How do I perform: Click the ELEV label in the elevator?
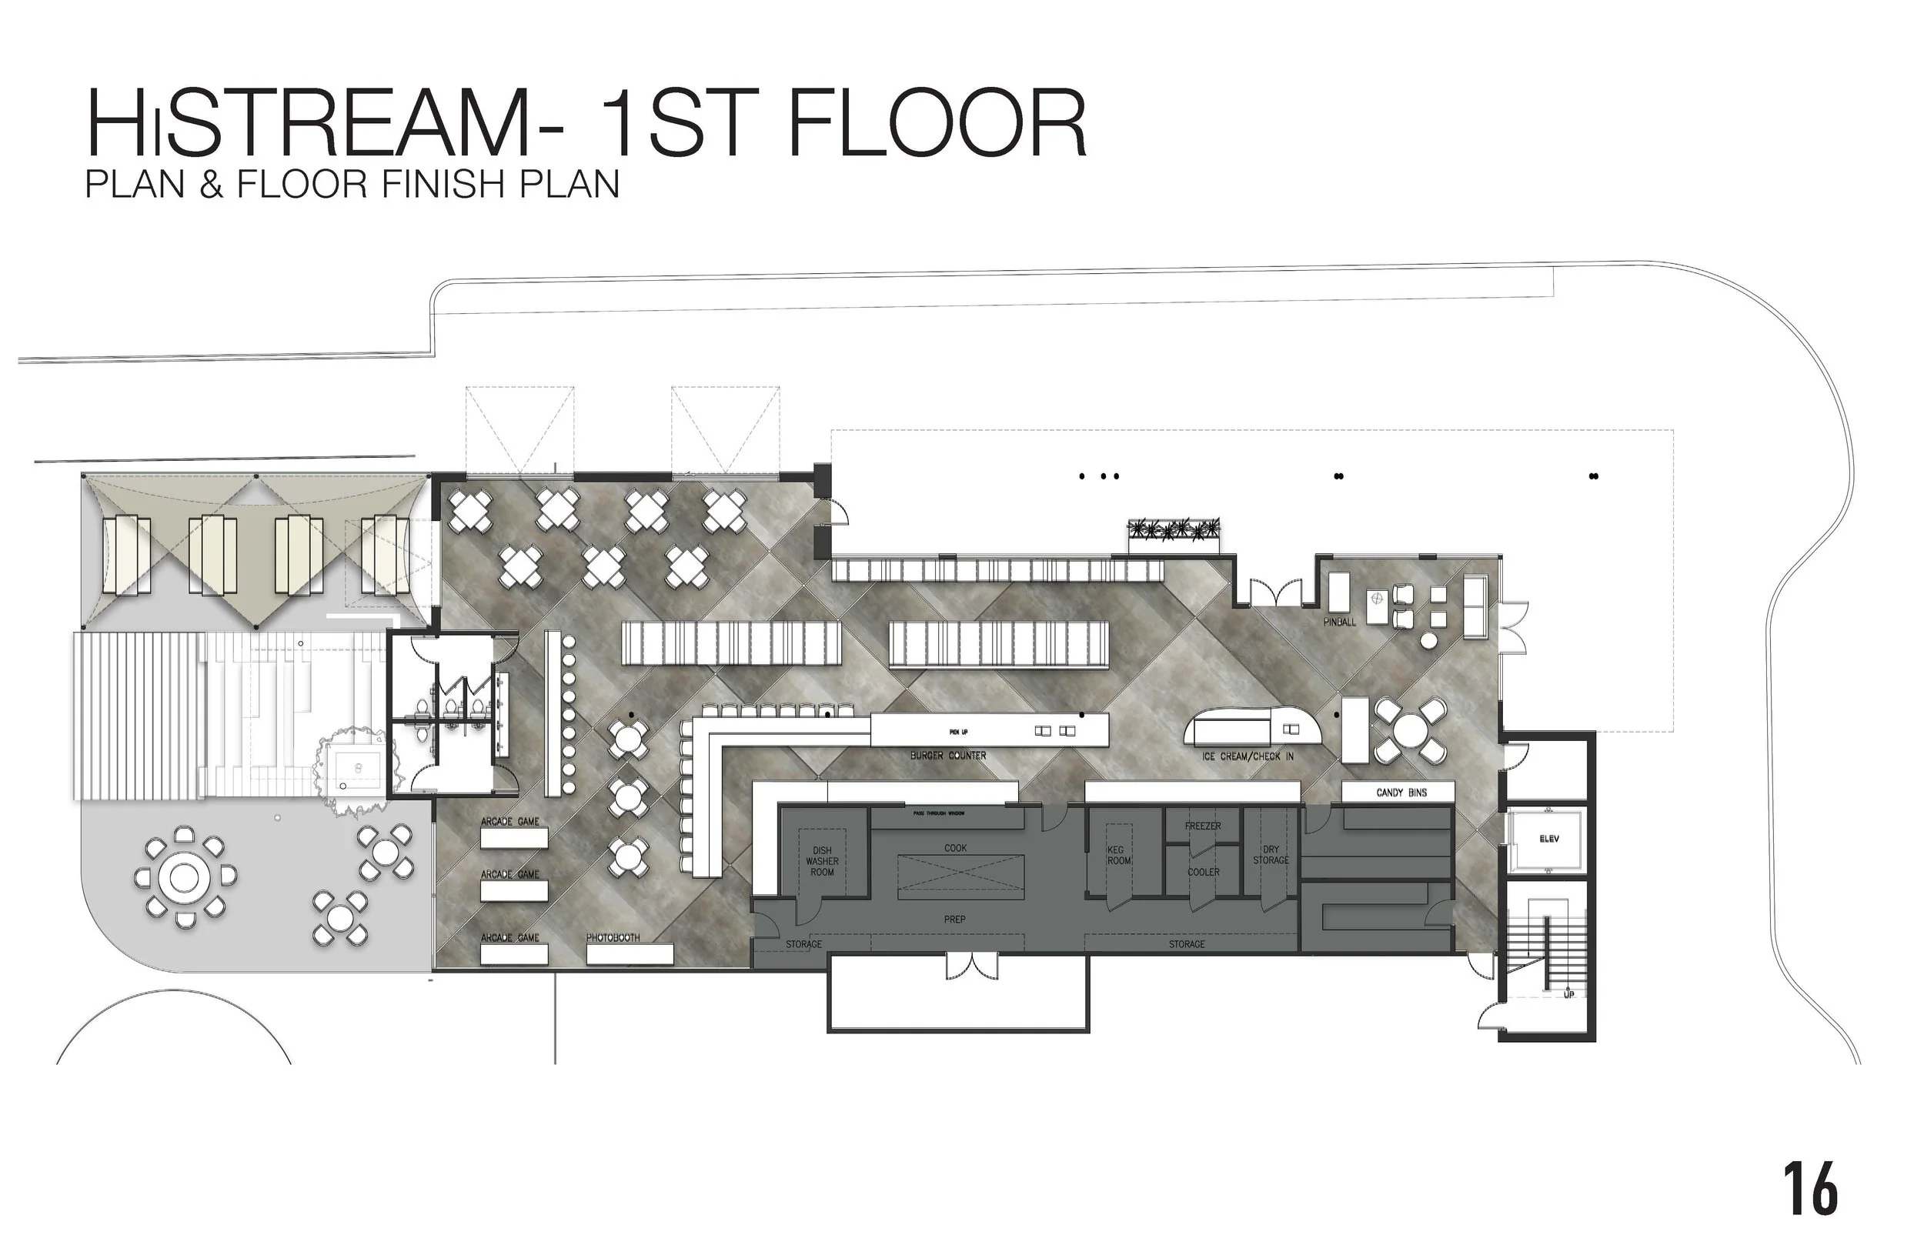pos(1548,839)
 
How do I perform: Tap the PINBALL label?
pos(1340,622)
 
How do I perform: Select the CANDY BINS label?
pos(1401,793)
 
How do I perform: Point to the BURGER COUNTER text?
pos(947,755)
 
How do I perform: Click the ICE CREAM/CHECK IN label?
pos(1248,756)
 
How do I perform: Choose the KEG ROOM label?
pos(1119,856)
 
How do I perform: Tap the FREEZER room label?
pos(1202,826)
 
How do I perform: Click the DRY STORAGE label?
pos(1270,856)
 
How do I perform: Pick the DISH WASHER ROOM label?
pos(821,861)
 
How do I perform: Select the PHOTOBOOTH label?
pos(613,938)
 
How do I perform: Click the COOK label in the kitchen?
pos(955,848)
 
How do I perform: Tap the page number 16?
pos(1809,1188)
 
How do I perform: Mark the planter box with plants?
pos(1174,532)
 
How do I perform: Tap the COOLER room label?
pos(1203,873)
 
